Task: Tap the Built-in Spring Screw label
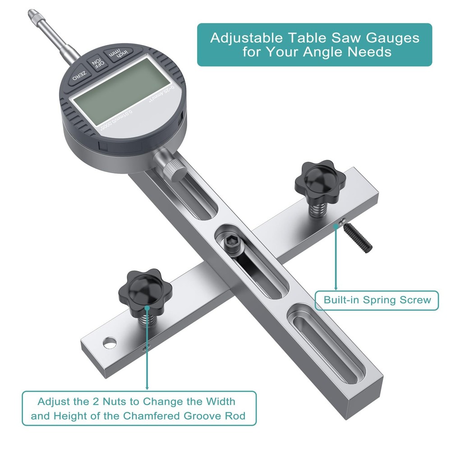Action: pyautogui.click(x=377, y=300)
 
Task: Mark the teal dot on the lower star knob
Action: pyautogui.click(x=147, y=307)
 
